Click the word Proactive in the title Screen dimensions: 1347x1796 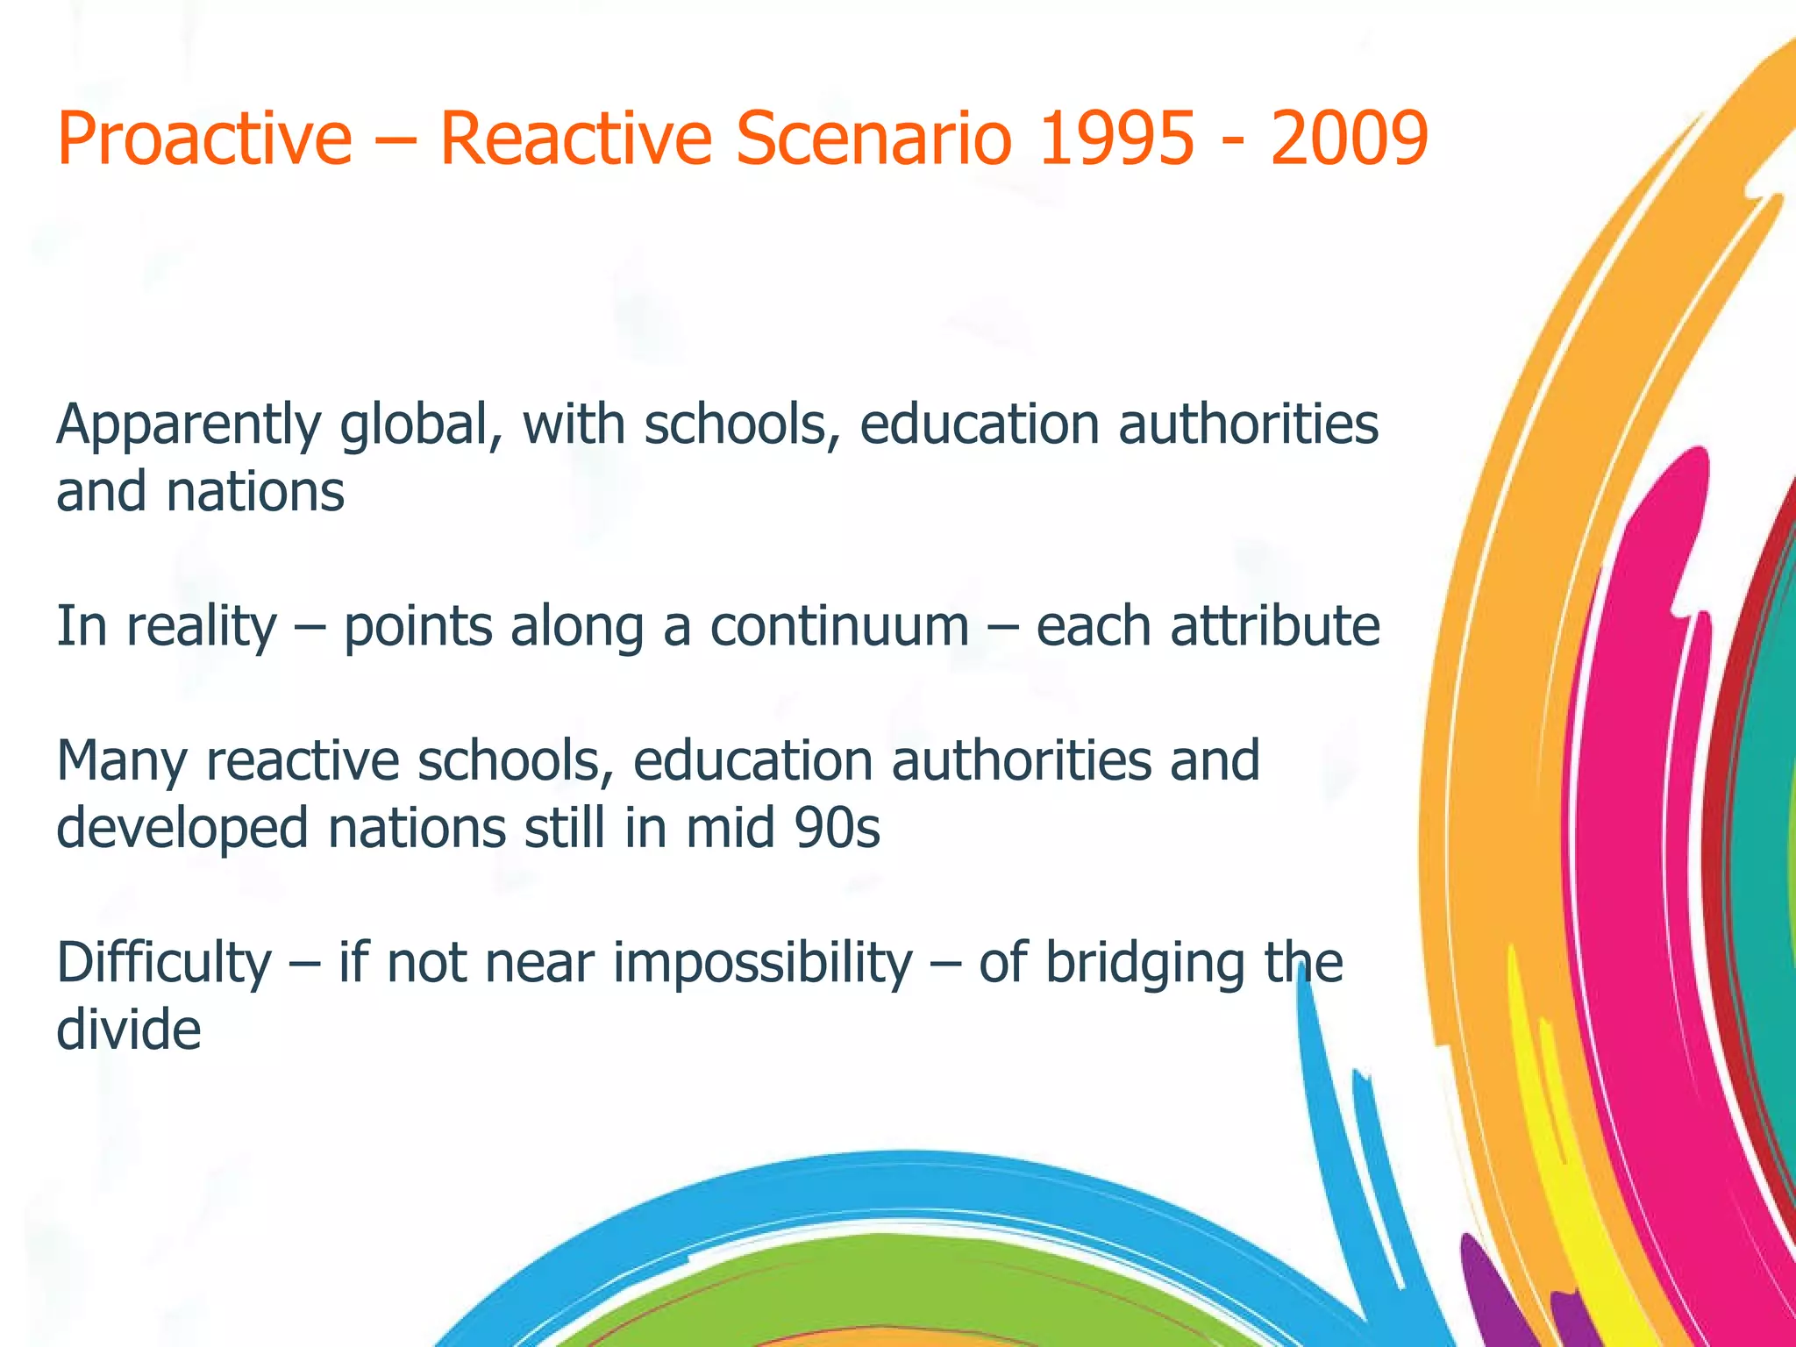(204, 138)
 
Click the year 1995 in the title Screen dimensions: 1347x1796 (1115, 138)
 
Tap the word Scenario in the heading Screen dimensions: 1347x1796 (873, 138)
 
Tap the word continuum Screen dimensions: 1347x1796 (839, 626)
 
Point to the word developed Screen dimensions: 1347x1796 (182, 828)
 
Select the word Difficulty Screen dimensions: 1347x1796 (164, 963)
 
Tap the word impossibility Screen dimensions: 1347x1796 (763, 963)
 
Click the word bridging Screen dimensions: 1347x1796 (1144, 963)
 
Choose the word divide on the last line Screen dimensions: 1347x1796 (129, 1030)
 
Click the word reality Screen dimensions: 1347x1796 (202, 628)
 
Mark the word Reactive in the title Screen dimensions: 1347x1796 (575, 138)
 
